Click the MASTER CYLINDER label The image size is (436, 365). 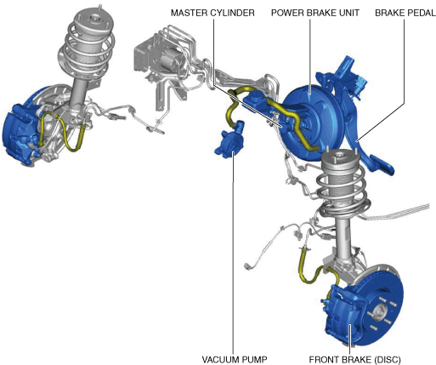tap(212, 13)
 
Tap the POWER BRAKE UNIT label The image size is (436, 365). tap(315, 13)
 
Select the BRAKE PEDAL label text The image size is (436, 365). tap(405, 13)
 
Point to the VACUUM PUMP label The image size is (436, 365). tap(235, 359)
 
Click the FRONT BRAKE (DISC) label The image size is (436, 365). tap(354, 359)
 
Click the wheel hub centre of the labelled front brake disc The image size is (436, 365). tap(380, 312)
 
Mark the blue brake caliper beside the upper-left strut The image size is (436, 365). tap(20, 134)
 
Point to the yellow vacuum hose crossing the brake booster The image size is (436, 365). tap(292, 119)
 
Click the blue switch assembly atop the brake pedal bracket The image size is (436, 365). tap(351, 77)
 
